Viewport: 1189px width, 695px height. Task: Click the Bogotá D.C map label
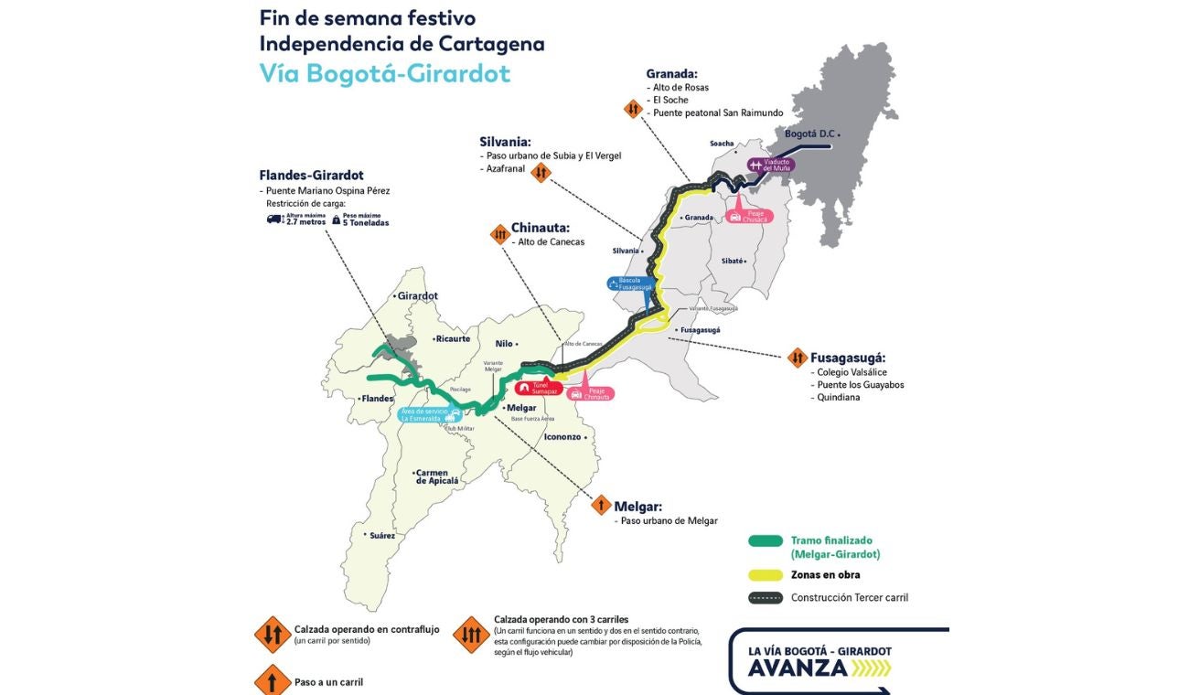[x=810, y=134]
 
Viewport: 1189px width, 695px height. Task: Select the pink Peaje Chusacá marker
[x=749, y=217]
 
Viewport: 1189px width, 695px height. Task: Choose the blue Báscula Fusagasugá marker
[x=631, y=283]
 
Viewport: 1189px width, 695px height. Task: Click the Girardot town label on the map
[x=417, y=296]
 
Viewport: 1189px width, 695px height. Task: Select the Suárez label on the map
[x=381, y=535]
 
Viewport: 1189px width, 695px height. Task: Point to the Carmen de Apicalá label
[x=437, y=476]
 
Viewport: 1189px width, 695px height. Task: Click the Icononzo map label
[x=562, y=436]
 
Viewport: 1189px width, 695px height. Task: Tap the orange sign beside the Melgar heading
[x=601, y=505]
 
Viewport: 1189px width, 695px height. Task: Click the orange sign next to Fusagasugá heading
[x=797, y=358]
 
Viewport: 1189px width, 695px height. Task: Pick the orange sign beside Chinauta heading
[x=499, y=234]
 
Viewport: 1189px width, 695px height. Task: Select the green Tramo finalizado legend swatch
[x=766, y=541]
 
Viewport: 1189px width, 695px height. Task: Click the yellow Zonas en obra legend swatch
[x=766, y=575]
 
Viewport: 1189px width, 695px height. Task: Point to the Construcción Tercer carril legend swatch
[x=766, y=598]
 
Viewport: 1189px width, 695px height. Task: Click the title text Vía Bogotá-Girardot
[x=384, y=73]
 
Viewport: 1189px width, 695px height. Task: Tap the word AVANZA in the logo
[x=798, y=668]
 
